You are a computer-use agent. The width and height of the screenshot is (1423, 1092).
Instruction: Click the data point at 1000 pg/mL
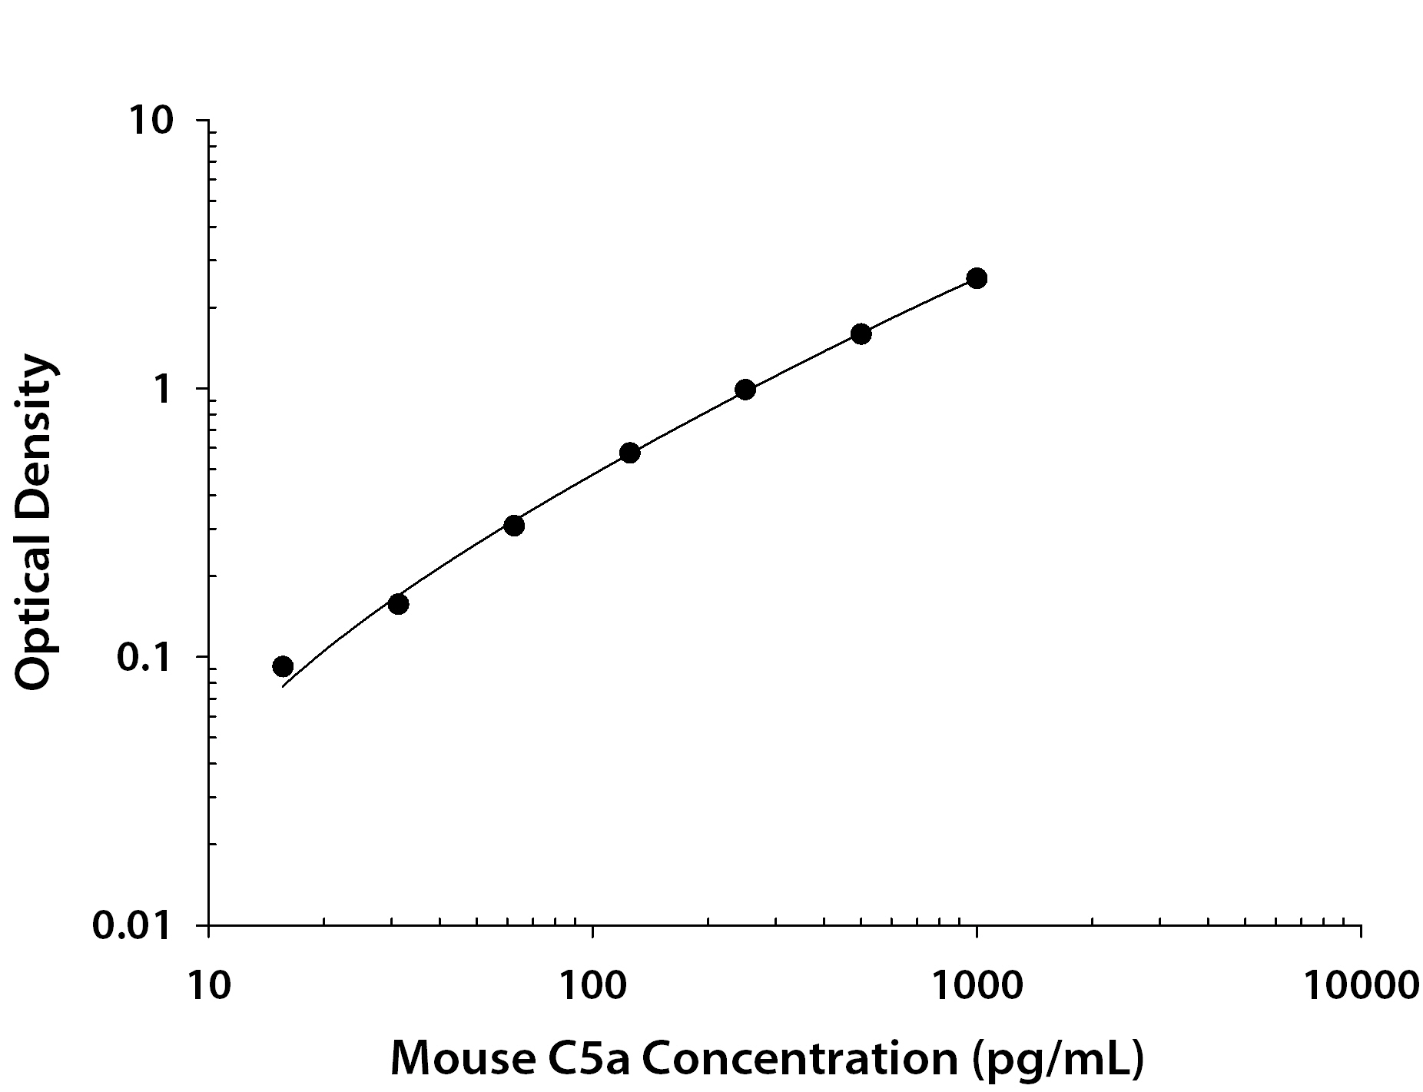(977, 278)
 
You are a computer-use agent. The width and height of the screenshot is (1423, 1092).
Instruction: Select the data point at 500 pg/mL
(861, 334)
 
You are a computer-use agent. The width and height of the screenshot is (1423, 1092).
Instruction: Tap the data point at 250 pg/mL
(745, 390)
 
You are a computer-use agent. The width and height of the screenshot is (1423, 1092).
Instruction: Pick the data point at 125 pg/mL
(629, 453)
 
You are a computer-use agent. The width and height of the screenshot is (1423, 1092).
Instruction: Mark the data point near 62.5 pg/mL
(514, 526)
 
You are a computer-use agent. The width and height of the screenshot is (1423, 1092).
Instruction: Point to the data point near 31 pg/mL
(398, 604)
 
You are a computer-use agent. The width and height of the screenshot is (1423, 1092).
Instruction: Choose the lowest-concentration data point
(283, 666)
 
